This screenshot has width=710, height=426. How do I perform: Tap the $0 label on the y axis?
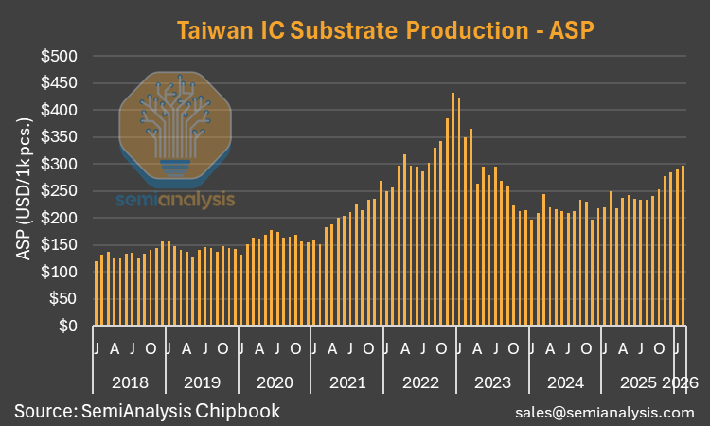point(68,327)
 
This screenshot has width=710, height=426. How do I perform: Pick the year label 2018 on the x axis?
point(129,383)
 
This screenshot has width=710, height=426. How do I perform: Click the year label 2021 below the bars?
point(346,383)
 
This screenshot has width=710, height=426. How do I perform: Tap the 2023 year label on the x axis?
point(492,383)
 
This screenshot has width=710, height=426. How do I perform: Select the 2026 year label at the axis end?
point(681,383)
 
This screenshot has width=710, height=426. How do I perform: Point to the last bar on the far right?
point(683,246)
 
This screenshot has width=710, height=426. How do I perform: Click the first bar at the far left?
point(97,293)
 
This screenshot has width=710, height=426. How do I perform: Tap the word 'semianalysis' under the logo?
point(175,200)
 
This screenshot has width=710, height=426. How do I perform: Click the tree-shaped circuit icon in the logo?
point(176,123)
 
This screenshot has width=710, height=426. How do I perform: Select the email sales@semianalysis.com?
point(605,413)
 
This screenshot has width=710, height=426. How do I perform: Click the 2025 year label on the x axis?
point(638,383)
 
